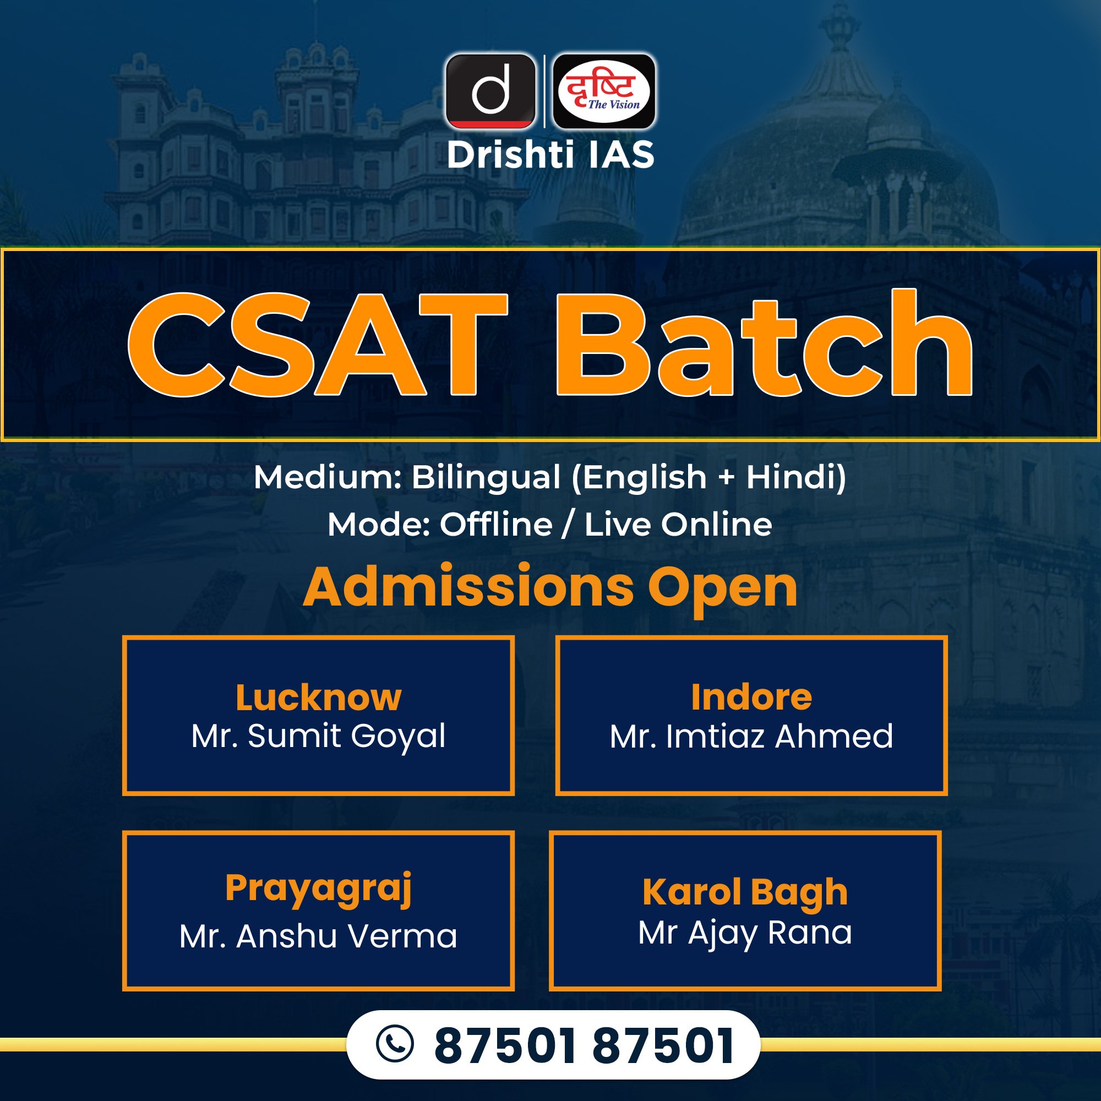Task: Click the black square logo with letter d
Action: click(x=490, y=91)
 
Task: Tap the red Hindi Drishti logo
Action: click(x=604, y=91)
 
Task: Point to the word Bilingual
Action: click(x=486, y=477)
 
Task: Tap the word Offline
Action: click(x=496, y=524)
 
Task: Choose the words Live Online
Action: click(x=678, y=524)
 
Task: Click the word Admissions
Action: click(x=468, y=587)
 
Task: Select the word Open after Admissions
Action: click(x=723, y=590)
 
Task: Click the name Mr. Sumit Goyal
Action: click(x=319, y=736)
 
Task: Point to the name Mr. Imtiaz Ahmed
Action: click(x=751, y=735)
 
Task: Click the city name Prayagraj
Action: click(x=319, y=889)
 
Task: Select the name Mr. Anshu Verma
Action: click(x=318, y=936)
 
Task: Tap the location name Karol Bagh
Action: click(x=745, y=892)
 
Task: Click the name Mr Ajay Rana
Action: click(x=745, y=934)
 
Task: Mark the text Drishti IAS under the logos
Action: click(x=550, y=155)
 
